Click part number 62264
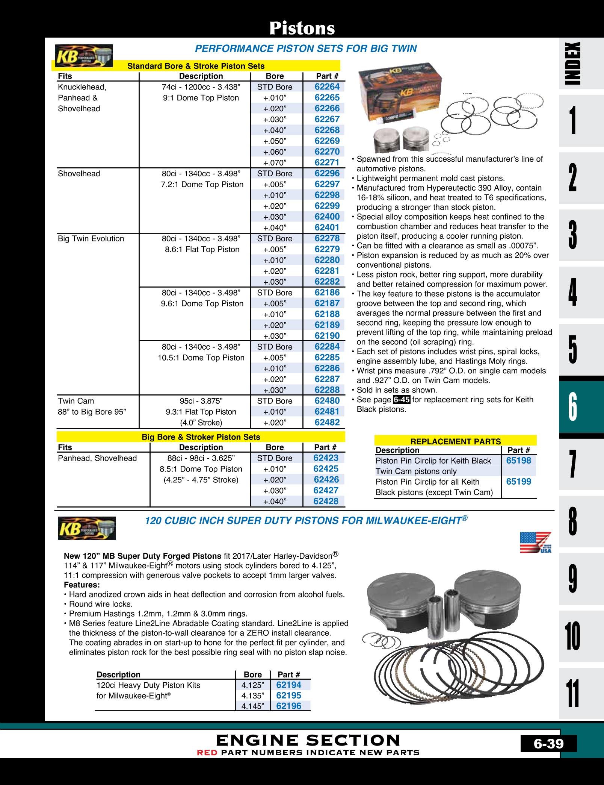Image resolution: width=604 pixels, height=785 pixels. point(327,87)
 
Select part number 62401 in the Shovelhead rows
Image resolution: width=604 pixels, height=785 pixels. point(327,227)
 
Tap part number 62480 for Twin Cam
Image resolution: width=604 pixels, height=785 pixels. point(327,401)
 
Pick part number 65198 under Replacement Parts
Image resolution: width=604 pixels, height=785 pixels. point(518,461)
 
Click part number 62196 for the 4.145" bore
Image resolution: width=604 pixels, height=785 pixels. point(288,706)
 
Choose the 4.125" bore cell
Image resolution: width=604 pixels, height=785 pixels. point(253,685)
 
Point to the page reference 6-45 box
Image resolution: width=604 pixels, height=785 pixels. point(402,400)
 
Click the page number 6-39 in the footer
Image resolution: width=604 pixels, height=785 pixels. point(548,744)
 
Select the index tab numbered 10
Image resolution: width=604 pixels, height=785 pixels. point(572,636)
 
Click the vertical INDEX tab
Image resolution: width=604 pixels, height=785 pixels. point(572,63)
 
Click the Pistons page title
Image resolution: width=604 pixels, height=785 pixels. point(302,28)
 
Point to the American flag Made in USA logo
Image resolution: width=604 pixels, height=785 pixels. point(535,543)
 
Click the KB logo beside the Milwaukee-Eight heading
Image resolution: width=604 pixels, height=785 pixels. point(87,528)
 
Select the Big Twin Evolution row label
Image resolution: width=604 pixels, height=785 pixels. point(91,239)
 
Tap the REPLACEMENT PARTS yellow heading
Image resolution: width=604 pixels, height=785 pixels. point(455,441)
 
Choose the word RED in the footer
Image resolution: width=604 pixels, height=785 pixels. point(207,753)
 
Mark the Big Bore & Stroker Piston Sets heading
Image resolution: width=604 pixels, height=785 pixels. point(201,437)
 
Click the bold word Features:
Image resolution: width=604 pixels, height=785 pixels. point(82,585)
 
